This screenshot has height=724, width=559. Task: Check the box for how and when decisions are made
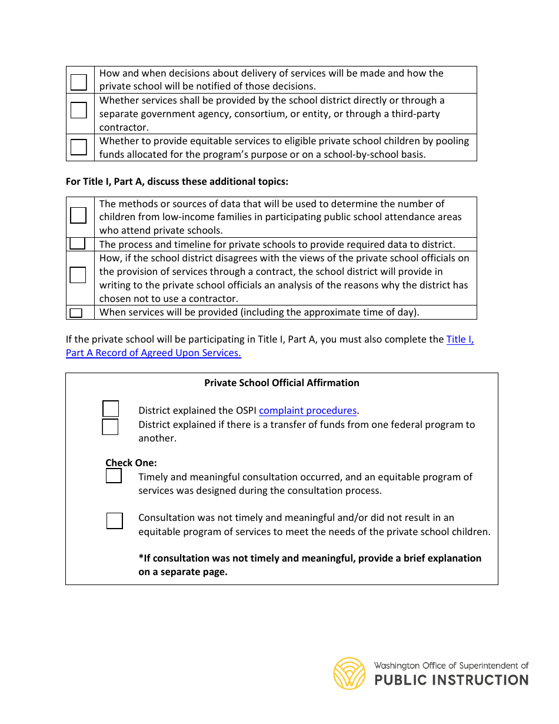pos(79,82)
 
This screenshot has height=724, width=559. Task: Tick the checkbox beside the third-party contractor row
pos(79,110)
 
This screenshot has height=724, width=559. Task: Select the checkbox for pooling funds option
pos(79,147)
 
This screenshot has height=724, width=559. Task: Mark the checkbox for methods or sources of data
pos(78,215)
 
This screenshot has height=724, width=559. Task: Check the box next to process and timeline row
pos(77,244)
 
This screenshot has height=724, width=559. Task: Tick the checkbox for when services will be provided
pos(76,313)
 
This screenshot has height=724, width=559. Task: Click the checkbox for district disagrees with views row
pos(78,275)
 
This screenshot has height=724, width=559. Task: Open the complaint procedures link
pos(308,410)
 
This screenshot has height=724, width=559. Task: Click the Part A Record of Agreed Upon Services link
pos(154,353)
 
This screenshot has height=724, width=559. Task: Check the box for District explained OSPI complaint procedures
pos(111,409)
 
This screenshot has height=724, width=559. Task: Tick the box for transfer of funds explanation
pos(110,427)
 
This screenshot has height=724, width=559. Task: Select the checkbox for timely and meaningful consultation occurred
pos(114,476)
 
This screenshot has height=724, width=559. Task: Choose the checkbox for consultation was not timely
pos(115,521)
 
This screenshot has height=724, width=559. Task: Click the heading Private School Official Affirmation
pos(281,383)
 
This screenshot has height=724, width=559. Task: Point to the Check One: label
pos(131,463)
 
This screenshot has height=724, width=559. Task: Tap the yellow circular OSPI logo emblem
pos(350,673)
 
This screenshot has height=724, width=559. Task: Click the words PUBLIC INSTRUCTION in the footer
pos(451,680)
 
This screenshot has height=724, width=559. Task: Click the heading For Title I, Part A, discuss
pos(177,181)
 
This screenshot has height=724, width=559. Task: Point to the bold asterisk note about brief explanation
pos(310,564)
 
